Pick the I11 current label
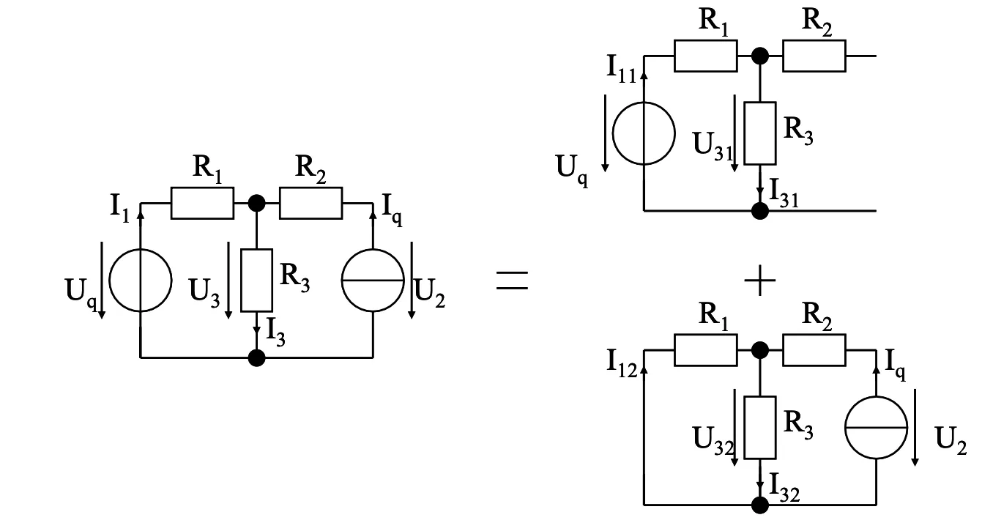click(x=621, y=68)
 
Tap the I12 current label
click(x=622, y=361)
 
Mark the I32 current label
click(x=784, y=484)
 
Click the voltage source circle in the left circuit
click(x=140, y=280)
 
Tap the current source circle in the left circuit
click(x=373, y=280)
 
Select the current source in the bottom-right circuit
click(x=876, y=427)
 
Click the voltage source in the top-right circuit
click(x=643, y=134)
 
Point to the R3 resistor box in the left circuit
click(x=256, y=280)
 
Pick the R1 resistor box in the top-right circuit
click(x=705, y=56)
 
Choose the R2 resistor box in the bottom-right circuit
click(x=814, y=349)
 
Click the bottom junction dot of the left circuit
click(x=256, y=357)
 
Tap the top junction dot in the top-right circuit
click(x=760, y=56)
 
